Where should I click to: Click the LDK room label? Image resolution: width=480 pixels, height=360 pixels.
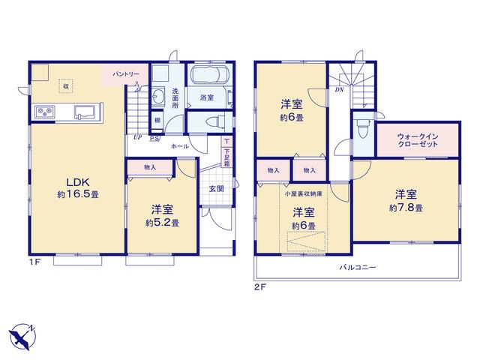(78, 182)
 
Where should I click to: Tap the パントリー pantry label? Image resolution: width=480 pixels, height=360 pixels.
(126, 74)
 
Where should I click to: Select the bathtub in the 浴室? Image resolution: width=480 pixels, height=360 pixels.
(209, 75)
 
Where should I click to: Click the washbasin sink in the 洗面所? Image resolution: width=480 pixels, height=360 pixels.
(158, 97)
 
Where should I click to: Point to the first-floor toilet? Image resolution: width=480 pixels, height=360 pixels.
(215, 121)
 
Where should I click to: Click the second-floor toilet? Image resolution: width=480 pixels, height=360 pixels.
(363, 128)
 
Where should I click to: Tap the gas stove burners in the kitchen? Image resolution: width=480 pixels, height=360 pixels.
(45, 112)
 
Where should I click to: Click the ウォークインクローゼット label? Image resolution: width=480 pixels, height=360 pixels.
(418, 140)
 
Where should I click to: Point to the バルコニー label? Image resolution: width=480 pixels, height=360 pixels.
(358, 267)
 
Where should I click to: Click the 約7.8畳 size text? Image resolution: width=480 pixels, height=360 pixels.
(406, 208)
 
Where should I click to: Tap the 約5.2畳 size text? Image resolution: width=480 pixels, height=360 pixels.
(162, 223)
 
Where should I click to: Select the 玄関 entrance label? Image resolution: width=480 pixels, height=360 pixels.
(217, 188)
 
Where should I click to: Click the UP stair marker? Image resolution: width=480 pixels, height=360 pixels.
(138, 137)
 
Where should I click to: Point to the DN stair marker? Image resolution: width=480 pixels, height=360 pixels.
(339, 90)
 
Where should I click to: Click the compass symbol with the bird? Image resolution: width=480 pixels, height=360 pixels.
(22, 337)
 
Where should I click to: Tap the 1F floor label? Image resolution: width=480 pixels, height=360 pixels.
(34, 262)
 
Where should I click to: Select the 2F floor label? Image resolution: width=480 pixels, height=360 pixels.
(260, 287)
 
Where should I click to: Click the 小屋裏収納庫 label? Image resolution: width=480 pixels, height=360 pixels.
(303, 193)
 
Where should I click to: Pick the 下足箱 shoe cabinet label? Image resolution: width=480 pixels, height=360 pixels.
(226, 157)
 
